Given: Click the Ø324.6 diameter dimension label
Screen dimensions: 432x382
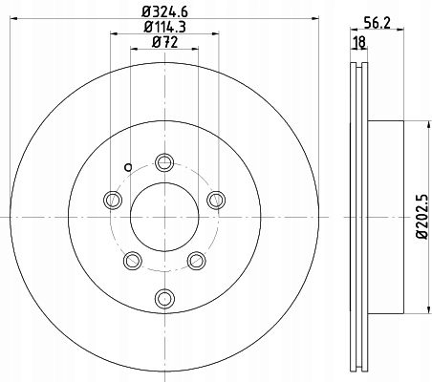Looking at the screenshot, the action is coord(164,11).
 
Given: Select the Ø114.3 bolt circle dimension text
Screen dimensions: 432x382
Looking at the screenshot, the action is coord(164,27).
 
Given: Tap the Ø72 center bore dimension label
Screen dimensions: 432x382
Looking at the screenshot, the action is coord(164,42).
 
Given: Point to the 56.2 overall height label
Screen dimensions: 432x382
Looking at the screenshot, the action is coord(378,23).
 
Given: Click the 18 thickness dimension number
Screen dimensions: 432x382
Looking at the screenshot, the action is coord(359,42).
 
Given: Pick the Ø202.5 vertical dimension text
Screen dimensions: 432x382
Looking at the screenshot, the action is coord(422,217).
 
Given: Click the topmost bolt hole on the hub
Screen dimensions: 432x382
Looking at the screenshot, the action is coord(164,162).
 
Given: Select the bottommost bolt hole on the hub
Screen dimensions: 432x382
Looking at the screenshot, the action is coord(164,298).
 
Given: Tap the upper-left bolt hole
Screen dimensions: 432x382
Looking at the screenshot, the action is coord(113,200).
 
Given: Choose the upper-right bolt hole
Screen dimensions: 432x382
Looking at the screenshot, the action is coord(216,200).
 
